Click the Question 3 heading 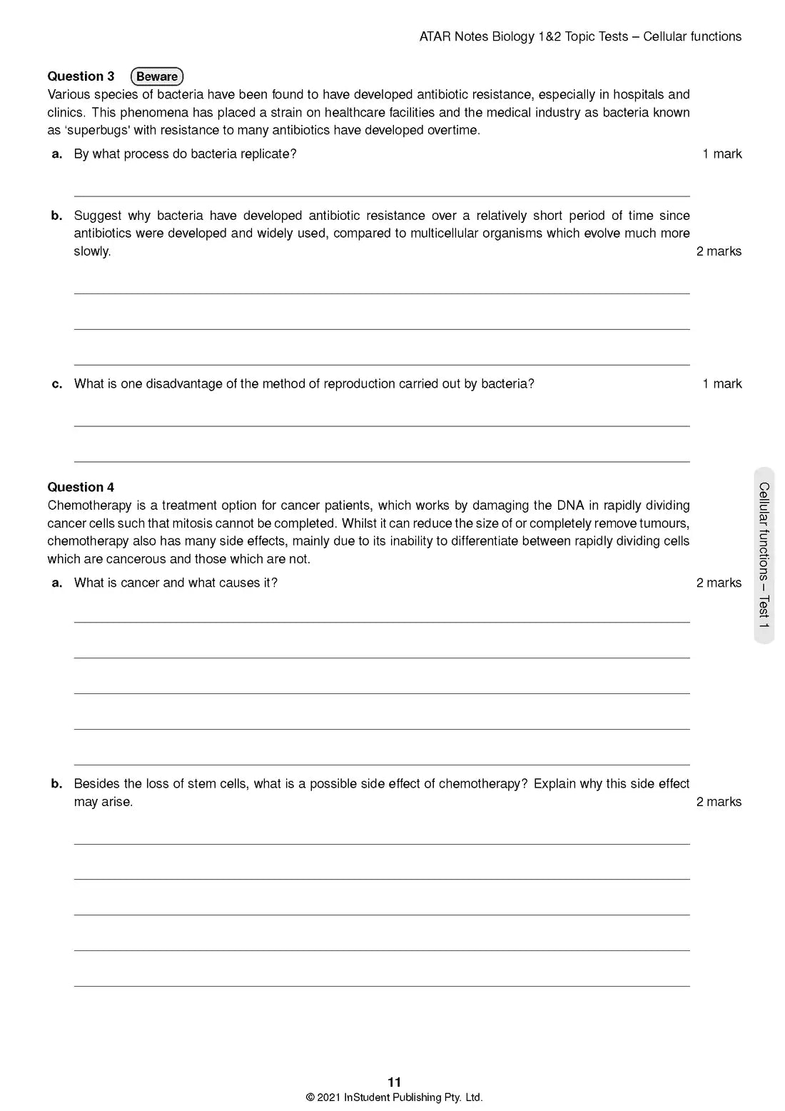81,76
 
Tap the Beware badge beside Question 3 157,76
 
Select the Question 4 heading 81,487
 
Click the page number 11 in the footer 394,1082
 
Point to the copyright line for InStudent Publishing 394,1097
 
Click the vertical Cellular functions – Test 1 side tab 764,555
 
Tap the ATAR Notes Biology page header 580,36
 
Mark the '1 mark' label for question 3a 721,154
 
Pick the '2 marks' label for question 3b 719,251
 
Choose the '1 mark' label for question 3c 721,383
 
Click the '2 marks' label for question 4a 719,583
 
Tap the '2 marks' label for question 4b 719,802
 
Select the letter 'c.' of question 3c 57,384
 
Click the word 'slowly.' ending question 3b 92,251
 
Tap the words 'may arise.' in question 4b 103,802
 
